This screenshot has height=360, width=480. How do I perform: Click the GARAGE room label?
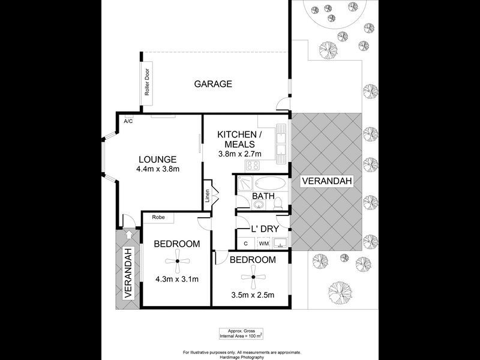[212, 84]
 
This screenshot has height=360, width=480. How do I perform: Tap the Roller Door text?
[146, 85]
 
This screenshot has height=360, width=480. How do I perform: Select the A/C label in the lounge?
[128, 121]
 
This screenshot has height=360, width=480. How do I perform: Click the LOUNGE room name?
[157, 159]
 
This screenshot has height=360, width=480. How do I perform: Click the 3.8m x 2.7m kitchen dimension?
[240, 154]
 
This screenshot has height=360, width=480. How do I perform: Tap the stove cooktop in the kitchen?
[253, 166]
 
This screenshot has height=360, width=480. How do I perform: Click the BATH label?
[263, 196]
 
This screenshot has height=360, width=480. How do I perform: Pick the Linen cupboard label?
[207, 196]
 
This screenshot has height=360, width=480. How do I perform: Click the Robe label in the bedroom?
[158, 217]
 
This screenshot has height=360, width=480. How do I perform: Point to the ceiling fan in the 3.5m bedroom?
[253, 277]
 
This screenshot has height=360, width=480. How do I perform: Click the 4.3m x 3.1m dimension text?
[176, 279]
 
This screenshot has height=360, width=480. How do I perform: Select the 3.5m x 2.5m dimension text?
[253, 295]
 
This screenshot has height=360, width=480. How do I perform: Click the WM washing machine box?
[263, 243]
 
